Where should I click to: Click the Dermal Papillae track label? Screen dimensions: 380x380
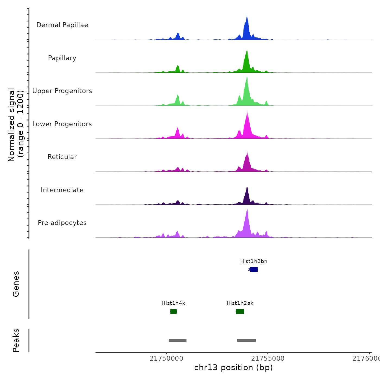click(62, 25)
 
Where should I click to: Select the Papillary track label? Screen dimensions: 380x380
click(62, 58)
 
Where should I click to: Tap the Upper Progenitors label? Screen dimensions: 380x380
click(62, 91)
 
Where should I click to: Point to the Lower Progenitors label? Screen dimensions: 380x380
click(62, 124)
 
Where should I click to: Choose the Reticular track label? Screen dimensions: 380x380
click(62, 157)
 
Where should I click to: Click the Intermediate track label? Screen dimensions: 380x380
click(62, 190)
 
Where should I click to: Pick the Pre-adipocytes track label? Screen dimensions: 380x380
click(62, 223)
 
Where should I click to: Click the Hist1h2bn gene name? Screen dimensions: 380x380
click(254, 261)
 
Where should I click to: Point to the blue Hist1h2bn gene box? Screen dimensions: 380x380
click(254, 270)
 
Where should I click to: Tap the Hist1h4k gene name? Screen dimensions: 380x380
click(173, 303)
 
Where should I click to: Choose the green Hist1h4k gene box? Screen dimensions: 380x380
click(173, 311)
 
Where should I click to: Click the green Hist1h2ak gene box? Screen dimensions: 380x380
click(240, 311)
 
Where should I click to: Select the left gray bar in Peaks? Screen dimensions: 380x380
click(178, 341)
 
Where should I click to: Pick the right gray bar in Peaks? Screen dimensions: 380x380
click(246, 341)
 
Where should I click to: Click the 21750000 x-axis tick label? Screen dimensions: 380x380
click(166, 359)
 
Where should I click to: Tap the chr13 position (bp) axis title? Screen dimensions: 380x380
click(233, 368)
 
